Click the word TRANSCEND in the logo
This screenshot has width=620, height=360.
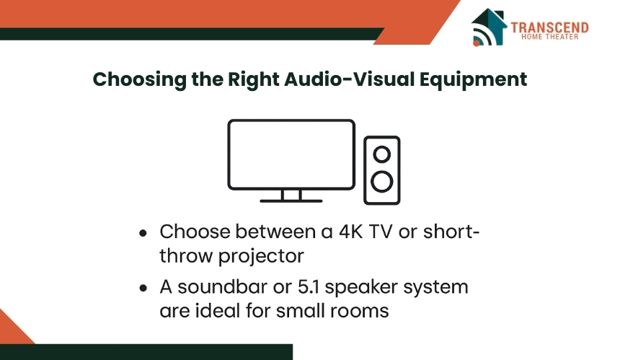(x=549, y=27)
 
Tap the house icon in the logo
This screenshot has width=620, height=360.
(x=489, y=27)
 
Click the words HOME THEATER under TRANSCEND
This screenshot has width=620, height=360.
(x=549, y=37)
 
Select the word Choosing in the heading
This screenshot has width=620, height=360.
(x=139, y=79)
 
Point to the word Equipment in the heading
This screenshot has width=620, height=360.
(x=473, y=79)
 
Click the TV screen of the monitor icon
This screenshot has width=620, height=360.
(x=291, y=154)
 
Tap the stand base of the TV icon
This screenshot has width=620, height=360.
(x=291, y=201)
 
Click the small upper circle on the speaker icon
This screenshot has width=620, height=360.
(x=381, y=154)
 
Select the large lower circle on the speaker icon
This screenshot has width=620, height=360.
(x=382, y=182)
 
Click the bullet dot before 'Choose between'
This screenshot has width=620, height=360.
(x=143, y=233)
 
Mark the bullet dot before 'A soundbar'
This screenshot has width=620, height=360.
(x=143, y=288)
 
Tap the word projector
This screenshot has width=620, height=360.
(x=261, y=256)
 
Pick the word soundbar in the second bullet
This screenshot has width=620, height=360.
(x=222, y=287)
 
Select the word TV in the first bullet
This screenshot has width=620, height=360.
(x=381, y=232)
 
